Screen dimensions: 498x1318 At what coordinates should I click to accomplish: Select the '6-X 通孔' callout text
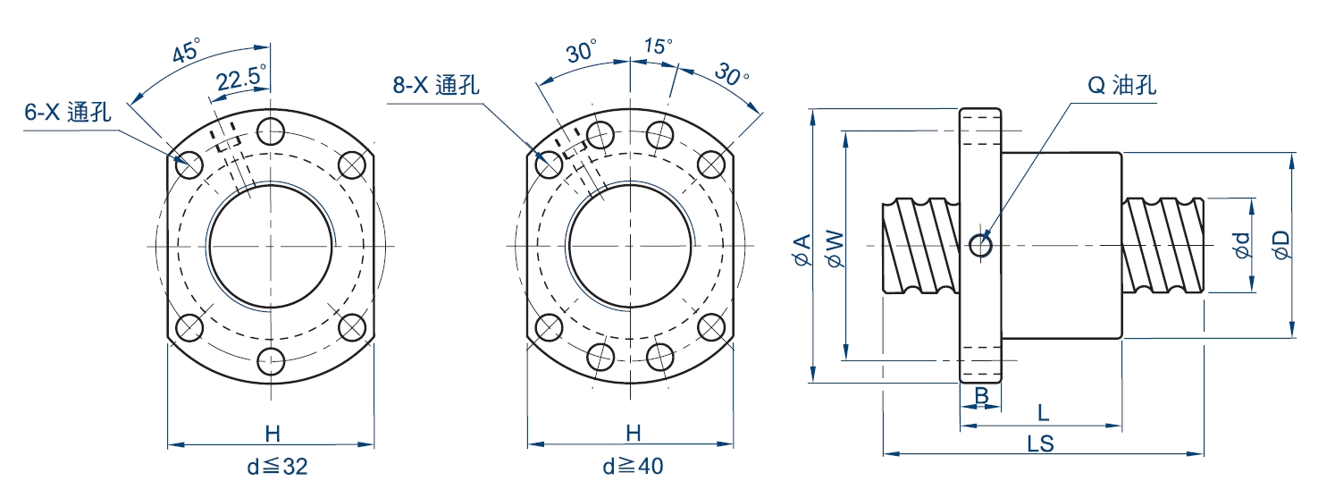(67, 112)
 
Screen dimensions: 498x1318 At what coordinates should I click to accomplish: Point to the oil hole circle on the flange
(980, 244)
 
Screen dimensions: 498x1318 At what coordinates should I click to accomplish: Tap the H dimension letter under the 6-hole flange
(273, 434)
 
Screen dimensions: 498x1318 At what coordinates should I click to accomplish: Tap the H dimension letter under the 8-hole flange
(633, 434)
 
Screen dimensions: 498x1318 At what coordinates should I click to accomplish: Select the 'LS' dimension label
(1040, 443)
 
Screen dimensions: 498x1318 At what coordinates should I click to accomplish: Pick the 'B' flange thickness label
(980, 394)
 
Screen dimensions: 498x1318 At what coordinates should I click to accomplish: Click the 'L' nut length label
(1043, 412)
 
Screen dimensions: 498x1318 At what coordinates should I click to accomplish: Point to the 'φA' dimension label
(802, 249)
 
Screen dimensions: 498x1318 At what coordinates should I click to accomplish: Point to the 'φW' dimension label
(835, 248)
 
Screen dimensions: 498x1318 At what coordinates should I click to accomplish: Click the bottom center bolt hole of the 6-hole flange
(270, 362)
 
